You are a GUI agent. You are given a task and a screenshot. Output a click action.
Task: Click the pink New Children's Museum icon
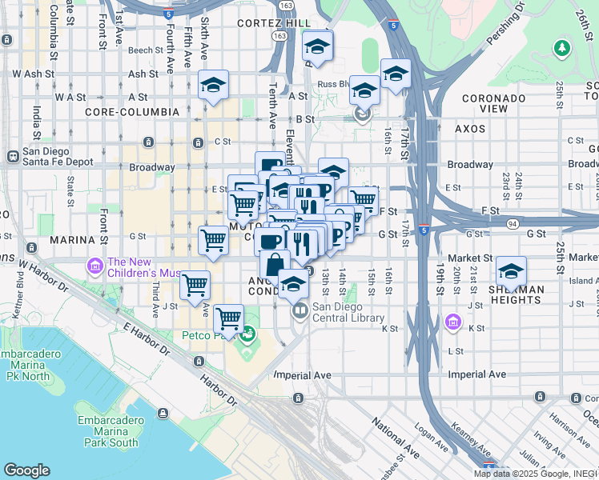(x=94, y=265)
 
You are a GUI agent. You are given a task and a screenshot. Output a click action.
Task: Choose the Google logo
(x=26, y=470)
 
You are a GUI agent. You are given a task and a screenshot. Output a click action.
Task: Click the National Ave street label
(x=396, y=439)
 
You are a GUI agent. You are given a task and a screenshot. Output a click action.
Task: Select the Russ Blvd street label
(x=333, y=82)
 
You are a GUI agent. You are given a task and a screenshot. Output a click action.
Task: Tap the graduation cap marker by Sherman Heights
(x=511, y=270)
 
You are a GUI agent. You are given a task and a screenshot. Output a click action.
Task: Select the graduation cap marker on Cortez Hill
(x=318, y=46)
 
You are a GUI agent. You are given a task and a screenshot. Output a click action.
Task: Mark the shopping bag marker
(x=275, y=264)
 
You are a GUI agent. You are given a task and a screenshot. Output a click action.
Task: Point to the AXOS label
(x=470, y=128)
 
